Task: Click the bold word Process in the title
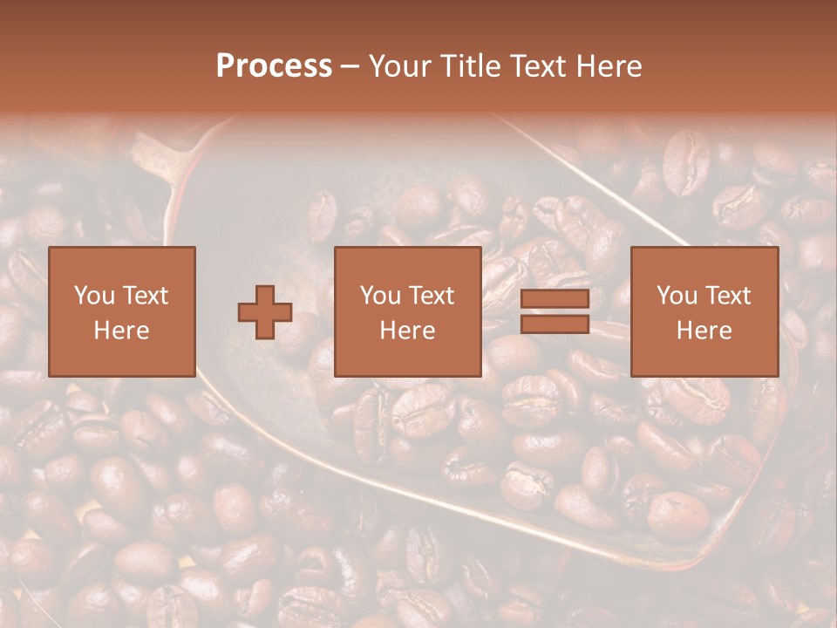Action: point(274,66)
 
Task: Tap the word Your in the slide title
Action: point(398,66)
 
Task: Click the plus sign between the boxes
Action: point(265,311)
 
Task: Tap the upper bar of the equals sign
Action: point(555,299)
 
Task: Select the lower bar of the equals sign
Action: point(555,324)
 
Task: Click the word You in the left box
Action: point(92,296)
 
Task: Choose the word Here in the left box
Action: point(121,331)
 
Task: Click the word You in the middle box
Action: point(379,296)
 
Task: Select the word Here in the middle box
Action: point(407,331)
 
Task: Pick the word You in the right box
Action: point(676,296)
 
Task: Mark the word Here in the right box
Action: point(704,331)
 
